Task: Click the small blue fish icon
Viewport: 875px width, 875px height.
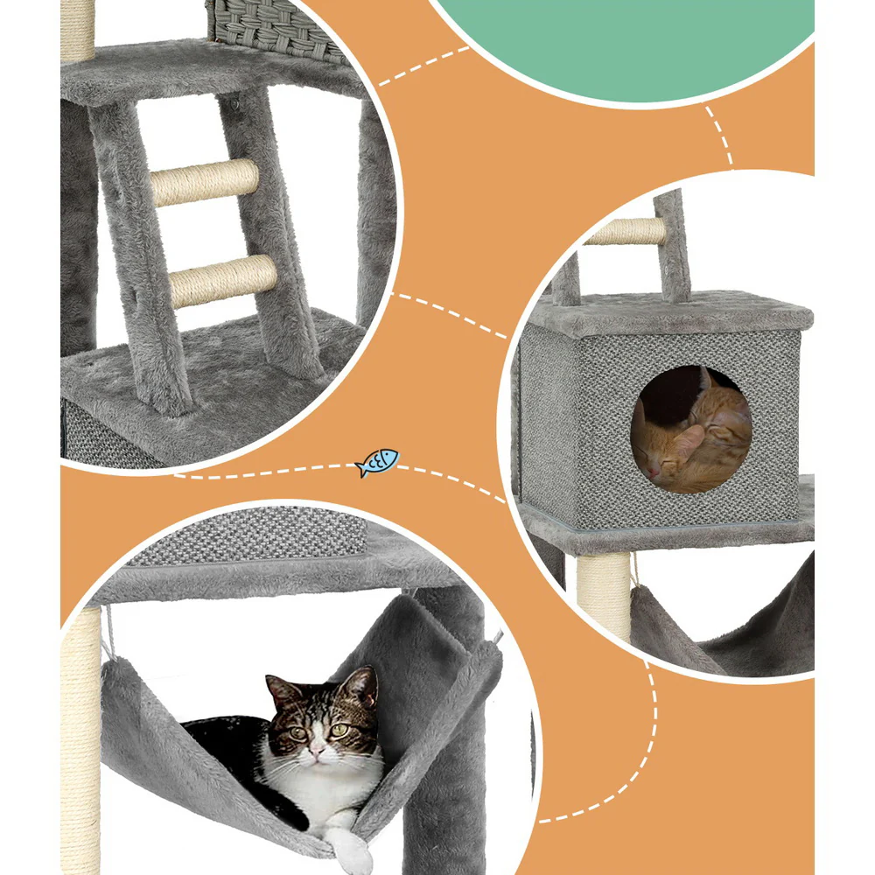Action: [377, 462]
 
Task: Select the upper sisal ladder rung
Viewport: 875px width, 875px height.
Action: [205, 182]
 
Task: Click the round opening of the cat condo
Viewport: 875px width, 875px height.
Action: [690, 430]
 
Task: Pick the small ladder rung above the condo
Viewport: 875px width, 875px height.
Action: [625, 231]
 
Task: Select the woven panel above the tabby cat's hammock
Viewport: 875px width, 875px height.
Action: [254, 535]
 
